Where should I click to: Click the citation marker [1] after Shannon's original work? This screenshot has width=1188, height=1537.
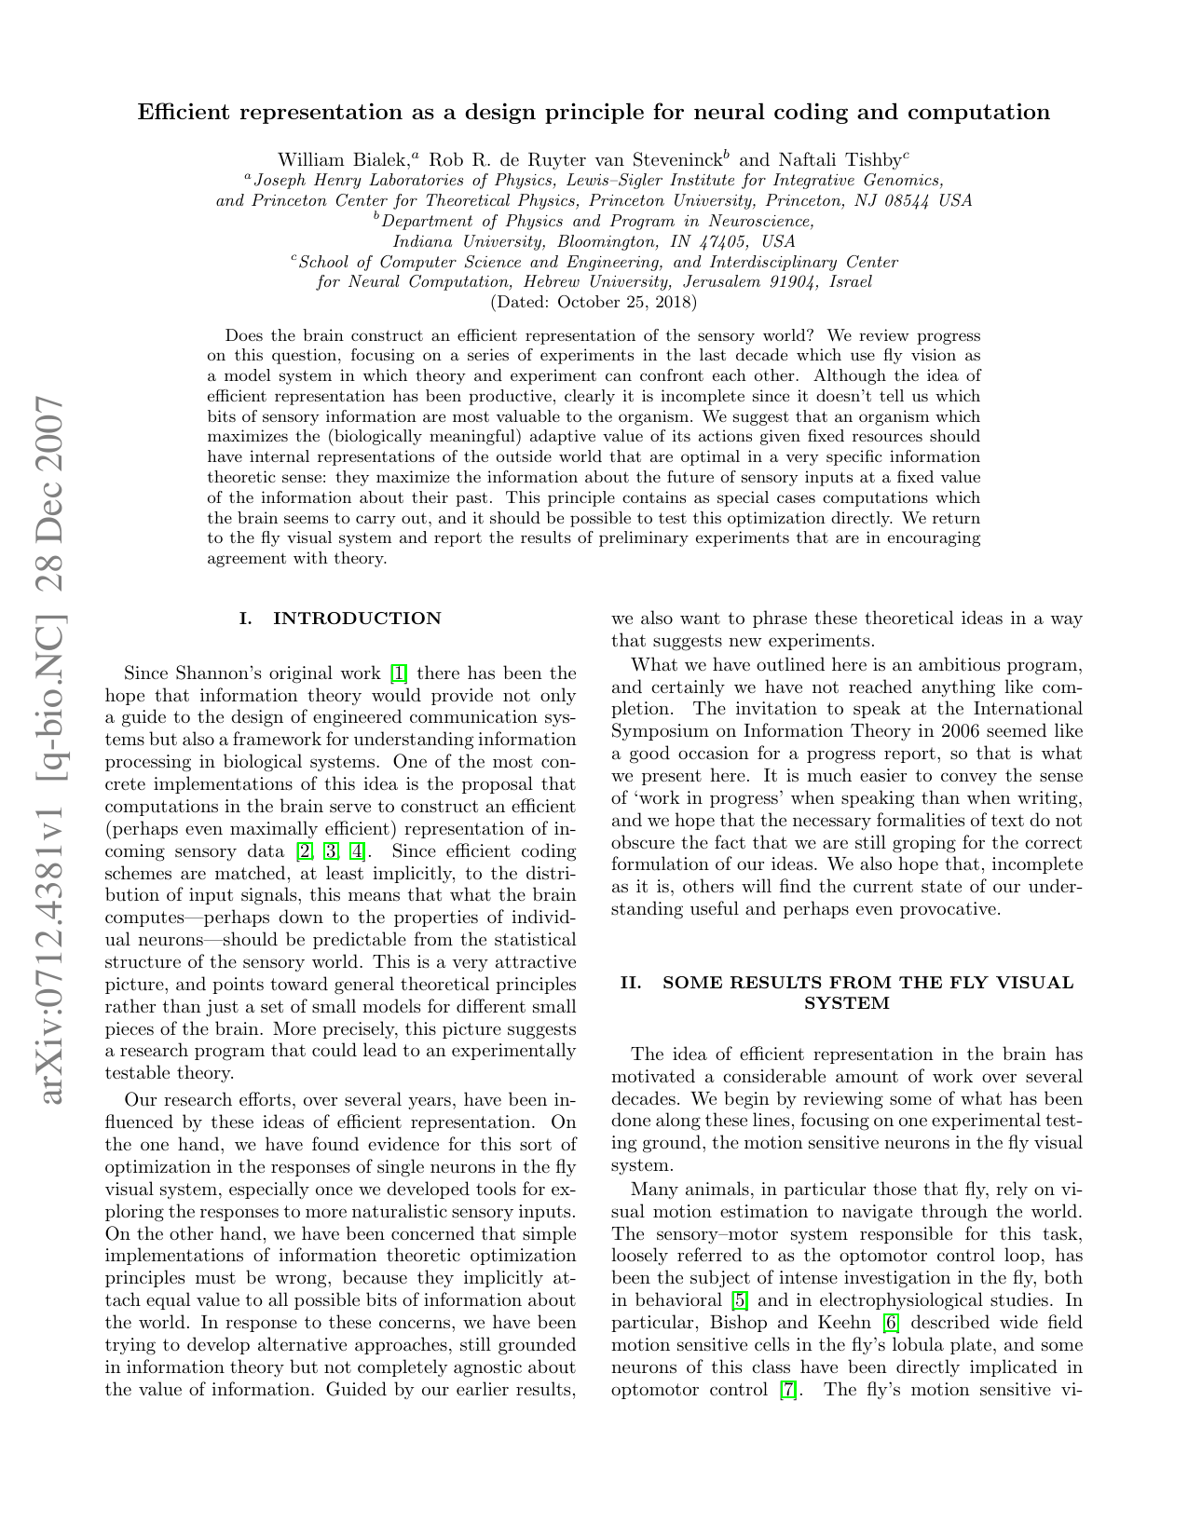tap(398, 673)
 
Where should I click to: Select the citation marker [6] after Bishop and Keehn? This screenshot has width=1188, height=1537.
tap(889, 1323)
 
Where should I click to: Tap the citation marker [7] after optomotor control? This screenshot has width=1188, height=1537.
tap(788, 1390)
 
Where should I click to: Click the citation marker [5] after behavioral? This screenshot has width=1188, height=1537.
tap(741, 1300)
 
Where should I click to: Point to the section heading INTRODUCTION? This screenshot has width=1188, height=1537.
tap(357, 619)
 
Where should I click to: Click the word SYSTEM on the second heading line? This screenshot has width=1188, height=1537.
tap(846, 1003)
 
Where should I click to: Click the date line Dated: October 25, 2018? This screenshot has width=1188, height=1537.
tap(594, 302)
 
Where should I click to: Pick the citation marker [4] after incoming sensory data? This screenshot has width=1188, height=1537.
tap(357, 851)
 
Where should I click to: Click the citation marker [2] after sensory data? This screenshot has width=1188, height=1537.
tap(304, 851)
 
